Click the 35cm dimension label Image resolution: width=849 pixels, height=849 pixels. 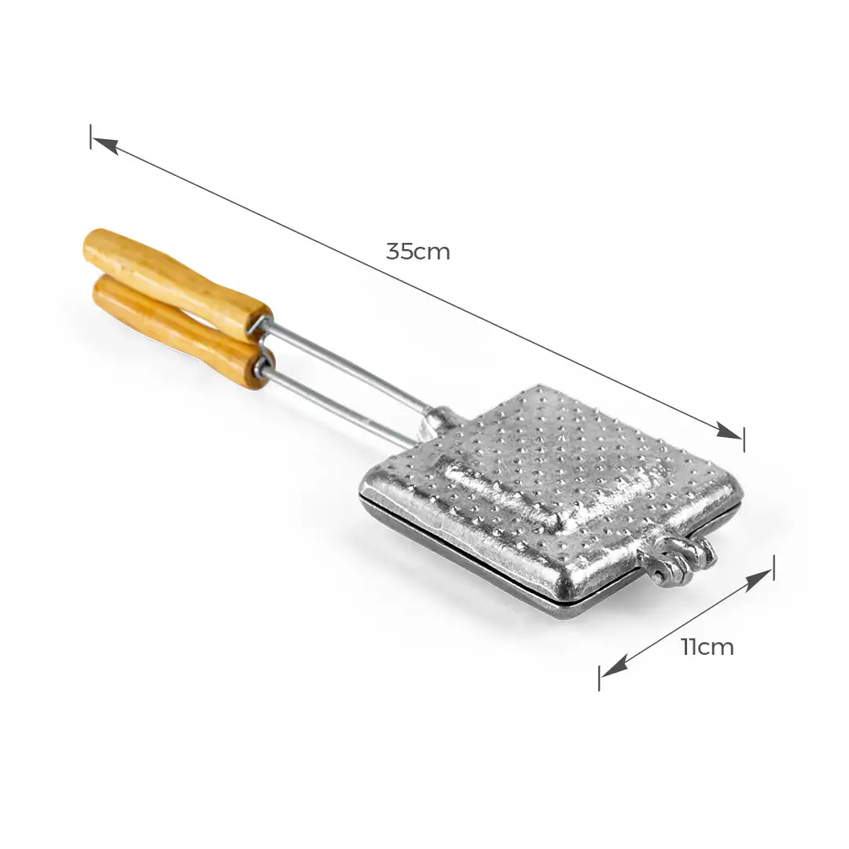(x=418, y=252)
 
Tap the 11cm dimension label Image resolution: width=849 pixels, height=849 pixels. (x=707, y=647)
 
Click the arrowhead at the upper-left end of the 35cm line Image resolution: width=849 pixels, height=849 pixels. (x=105, y=145)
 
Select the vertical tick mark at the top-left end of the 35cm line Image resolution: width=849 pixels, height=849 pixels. (x=91, y=137)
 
